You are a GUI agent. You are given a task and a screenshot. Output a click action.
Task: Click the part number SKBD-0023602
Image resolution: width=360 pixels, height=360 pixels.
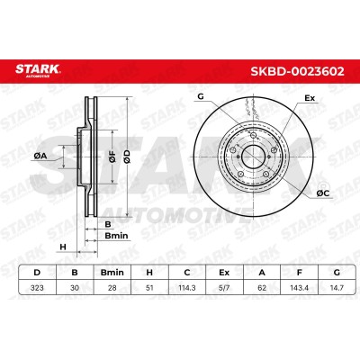point(297,71)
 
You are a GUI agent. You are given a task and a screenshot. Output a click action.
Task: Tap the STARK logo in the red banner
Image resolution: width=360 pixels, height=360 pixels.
point(38,70)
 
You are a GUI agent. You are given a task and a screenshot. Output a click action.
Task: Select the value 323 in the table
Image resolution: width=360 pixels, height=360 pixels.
point(37,288)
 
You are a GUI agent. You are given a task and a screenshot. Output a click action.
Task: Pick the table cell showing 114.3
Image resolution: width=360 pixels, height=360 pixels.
point(187,288)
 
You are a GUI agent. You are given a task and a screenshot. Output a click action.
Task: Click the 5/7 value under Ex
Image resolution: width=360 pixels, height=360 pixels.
point(224,288)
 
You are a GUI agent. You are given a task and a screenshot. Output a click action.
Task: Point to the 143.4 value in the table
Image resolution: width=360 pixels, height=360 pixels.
point(299,288)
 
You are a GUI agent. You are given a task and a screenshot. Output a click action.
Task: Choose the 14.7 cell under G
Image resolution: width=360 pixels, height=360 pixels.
point(337,288)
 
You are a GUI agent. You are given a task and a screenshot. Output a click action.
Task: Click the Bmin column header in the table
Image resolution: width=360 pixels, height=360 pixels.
point(112,273)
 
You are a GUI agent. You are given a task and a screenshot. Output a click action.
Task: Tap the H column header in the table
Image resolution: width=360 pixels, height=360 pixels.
point(149,273)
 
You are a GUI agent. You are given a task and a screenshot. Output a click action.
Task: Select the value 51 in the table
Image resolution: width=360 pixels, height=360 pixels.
point(149,288)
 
